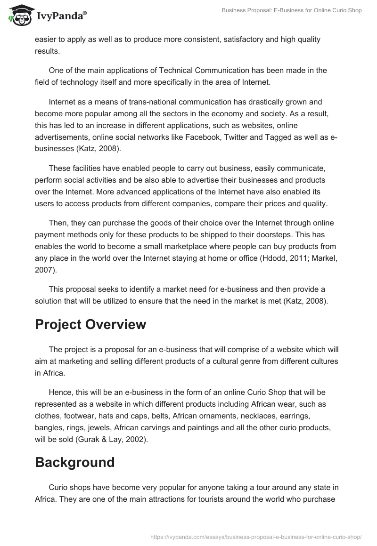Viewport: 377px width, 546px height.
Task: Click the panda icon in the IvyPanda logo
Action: coord(17,15)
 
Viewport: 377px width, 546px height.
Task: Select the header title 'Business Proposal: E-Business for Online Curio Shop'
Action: coord(292,10)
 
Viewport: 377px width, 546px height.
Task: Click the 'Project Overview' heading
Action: coord(90,324)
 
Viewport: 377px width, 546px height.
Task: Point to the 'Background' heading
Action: coord(74,462)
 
